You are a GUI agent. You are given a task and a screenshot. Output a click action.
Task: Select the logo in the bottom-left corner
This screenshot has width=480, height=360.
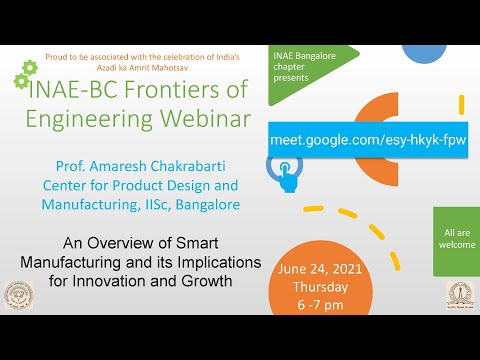(x=19, y=296)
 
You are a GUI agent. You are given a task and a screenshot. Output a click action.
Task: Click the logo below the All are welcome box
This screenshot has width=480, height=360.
(x=459, y=295)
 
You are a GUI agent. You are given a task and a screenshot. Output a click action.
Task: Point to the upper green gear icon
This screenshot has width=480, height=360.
(x=29, y=66)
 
